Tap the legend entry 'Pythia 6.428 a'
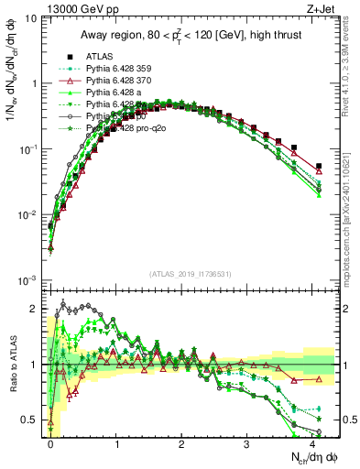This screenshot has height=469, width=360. tap(114, 93)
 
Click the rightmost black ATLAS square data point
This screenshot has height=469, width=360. tap(318, 166)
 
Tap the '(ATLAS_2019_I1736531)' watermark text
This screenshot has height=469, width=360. tap(184, 274)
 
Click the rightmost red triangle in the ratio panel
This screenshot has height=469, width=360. tap(318, 378)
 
